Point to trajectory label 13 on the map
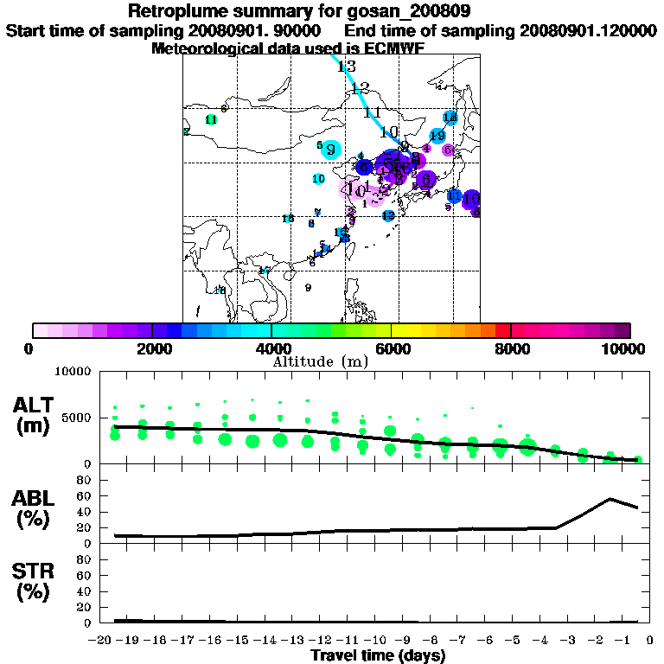[347, 67]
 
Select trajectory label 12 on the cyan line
[361, 88]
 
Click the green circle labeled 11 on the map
[210, 119]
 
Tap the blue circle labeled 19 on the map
[437, 136]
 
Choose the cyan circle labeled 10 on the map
[319, 178]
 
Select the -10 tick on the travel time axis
[378, 640]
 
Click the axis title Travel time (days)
[378, 655]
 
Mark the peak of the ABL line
[610, 499]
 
